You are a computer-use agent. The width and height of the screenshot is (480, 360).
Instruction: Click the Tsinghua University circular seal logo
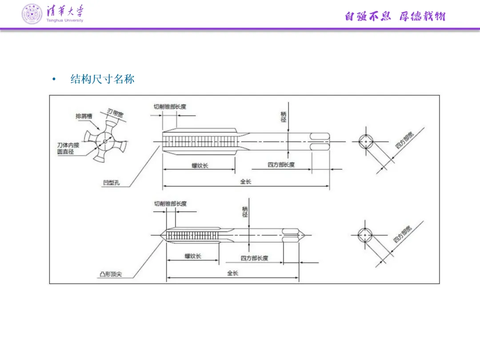tap(32, 14)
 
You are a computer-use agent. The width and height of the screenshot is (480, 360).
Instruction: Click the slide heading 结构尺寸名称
tap(102, 80)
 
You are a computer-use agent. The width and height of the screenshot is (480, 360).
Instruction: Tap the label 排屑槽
tap(84, 116)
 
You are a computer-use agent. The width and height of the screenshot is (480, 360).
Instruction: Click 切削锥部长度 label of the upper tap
tap(170, 107)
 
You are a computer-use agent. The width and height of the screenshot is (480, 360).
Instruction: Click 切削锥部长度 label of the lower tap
tap(170, 204)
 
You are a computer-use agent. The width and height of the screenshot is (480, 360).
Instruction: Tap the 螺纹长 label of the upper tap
tap(200, 166)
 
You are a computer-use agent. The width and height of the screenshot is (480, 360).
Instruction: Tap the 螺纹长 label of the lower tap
tap(193, 256)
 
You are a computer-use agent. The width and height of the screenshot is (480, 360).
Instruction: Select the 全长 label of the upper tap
tap(246, 182)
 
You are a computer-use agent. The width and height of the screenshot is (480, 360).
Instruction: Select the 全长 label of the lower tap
tap(232, 273)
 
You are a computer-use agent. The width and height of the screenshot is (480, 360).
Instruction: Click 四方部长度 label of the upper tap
tap(281, 165)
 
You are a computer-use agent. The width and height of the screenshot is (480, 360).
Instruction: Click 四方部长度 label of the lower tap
tap(254, 258)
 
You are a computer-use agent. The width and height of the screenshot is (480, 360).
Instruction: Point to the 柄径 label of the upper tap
tap(284, 117)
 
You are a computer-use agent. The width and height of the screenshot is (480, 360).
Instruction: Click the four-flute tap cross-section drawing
tap(105, 142)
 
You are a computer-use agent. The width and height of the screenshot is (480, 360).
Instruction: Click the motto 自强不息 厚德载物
tap(395, 17)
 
